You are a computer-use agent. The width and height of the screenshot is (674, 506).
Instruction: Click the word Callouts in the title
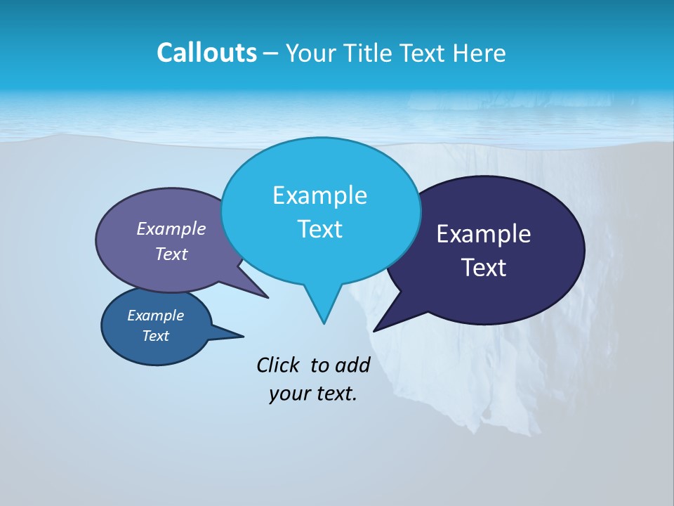[206, 53]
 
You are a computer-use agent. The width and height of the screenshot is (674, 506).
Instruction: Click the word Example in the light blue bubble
[319, 195]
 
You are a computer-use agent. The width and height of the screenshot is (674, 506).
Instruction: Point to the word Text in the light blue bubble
[319, 229]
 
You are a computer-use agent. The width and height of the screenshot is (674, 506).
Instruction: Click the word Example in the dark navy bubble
[483, 234]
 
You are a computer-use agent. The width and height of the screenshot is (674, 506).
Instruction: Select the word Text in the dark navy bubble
[483, 268]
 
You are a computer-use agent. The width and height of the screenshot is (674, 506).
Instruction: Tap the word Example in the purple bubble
[171, 228]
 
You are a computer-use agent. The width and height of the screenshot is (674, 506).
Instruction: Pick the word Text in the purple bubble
[171, 254]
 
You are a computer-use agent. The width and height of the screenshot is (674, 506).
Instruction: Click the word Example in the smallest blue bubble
[155, 316]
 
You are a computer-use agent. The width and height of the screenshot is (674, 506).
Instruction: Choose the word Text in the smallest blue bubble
[155, 336]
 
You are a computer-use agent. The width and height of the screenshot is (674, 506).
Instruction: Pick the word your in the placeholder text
[289, 394]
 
